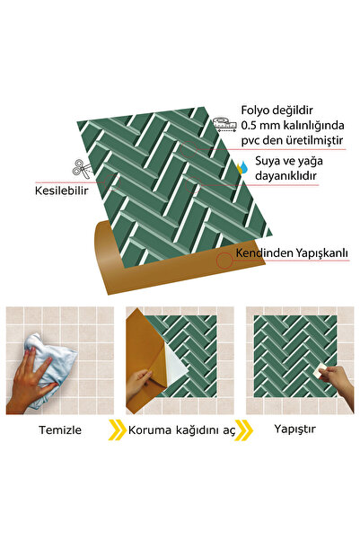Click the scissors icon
(82, 169)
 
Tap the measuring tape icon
(224, 124)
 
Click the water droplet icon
(242, 168)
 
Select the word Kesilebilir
(62, 190)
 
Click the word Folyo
(255, 111)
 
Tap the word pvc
(250, 141)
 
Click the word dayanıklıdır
(285, 176)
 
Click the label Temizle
(60, 430)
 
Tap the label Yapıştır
(295, 429)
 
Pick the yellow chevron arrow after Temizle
(117, 430)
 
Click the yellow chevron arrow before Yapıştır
(244, 430)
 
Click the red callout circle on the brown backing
(224, 261)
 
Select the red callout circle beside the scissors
(112, 182)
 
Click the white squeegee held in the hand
(321, 369)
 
